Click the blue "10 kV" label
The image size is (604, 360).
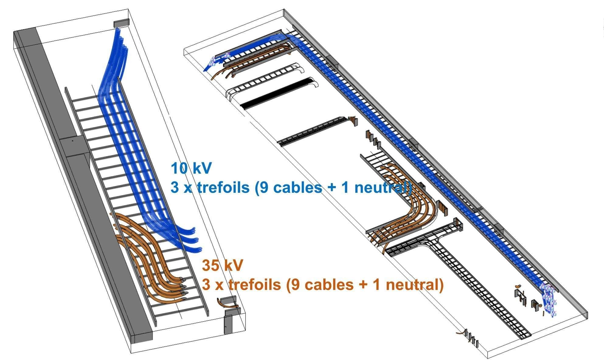pyautogui.click(x=191, y=168)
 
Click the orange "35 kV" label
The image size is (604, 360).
pyautogui.click(x=222, y=265)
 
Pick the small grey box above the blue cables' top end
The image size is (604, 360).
pyautogui.click(x=121, y=23)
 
